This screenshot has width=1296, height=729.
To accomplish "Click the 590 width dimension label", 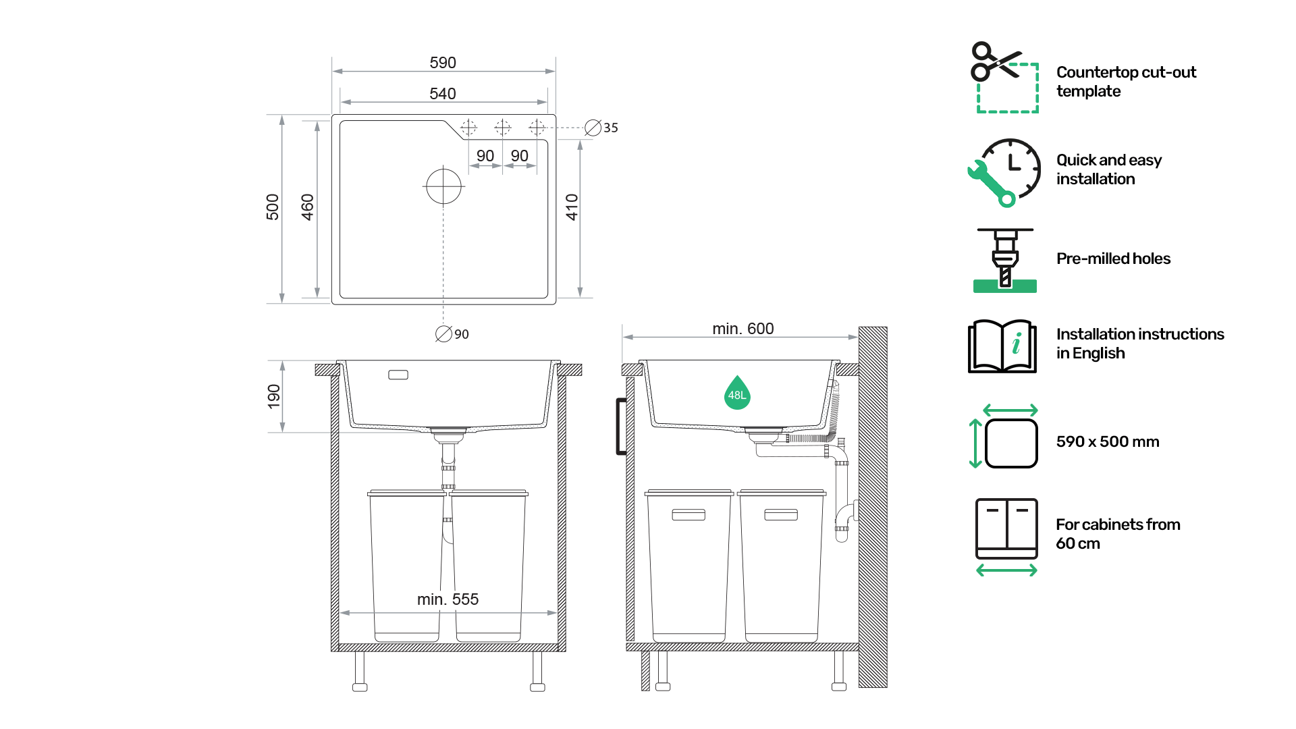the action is (x=443, y=63).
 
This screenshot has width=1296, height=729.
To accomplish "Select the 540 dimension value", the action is (x=443, y=94).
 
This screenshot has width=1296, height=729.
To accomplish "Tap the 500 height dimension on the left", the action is (x=273, y=207).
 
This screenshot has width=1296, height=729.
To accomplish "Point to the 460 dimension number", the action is (x=308, y=207).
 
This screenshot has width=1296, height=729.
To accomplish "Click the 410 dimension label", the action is (x=572, y=207).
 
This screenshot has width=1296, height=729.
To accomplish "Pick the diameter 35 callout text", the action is (x=601, y=128).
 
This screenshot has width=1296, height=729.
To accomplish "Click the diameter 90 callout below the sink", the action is (x=452, y=334).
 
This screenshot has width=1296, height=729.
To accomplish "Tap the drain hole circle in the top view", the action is (x=443, y=186).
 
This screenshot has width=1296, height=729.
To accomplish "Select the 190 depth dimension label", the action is (x=274, y=396).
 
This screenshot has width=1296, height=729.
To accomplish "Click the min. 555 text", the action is (x=448, y=599).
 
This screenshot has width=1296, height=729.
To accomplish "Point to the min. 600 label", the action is (x=743, y=329).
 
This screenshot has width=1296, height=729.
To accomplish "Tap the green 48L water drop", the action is (x=737, y=393).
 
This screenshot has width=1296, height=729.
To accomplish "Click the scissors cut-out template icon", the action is (x=1004, y=77).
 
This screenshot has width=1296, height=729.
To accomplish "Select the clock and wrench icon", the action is (x=1004, y=173).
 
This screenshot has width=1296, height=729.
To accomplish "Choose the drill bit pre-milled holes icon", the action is (x=1005, y=260).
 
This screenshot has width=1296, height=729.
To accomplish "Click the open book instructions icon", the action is (x=1002, y=346).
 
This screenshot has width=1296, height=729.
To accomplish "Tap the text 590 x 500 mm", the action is (x=1108, y=441).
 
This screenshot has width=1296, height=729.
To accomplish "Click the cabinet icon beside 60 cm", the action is (x=1006, y=537).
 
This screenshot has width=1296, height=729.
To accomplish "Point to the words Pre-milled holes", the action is (x=1114, y=259).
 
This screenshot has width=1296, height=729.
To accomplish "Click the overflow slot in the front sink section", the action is (x=398, y=375).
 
